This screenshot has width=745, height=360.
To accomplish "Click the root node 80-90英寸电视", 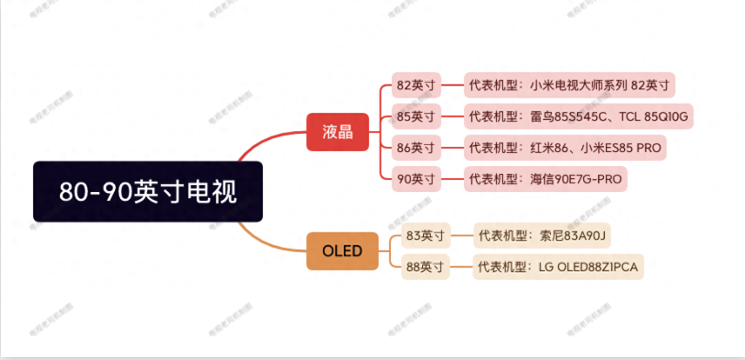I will (148, 191).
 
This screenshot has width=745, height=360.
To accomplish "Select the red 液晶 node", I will (337, 132).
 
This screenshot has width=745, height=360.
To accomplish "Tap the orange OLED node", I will (342, 251).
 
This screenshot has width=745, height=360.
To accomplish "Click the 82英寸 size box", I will (416, 85).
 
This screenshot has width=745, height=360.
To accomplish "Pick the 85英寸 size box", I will (416, 116).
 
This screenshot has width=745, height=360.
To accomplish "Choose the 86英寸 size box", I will (416, 148).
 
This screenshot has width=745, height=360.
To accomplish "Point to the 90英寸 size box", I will (416, 179).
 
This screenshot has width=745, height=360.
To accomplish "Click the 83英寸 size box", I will (425, 235).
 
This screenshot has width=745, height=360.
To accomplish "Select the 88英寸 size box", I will (425, 266).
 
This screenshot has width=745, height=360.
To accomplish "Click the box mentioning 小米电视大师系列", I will (569, 85).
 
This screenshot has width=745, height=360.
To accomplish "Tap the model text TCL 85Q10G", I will (653, 116).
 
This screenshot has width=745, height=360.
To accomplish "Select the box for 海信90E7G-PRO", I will (545, 179).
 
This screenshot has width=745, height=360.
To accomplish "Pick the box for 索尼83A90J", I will (542, 235).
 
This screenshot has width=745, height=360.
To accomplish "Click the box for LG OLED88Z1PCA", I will (558, 266).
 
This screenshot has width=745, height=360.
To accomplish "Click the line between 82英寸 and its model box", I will (452, 85).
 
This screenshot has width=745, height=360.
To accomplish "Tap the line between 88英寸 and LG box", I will (461, 266).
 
